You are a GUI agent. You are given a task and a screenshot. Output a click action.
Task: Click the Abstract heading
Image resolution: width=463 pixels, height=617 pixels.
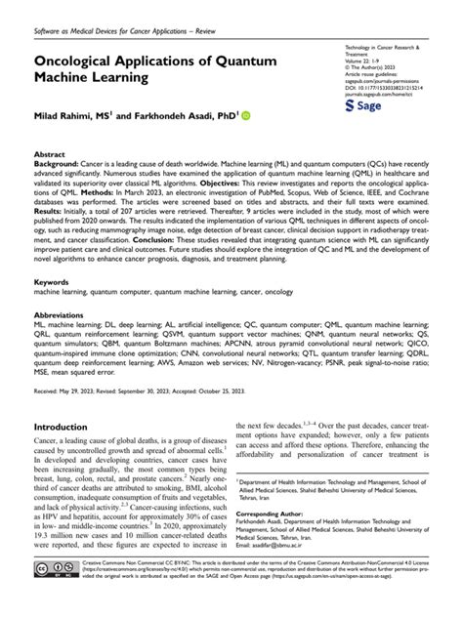click(x=50, y=155)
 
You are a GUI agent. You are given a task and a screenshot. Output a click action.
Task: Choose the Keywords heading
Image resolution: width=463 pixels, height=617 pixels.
click(x=52, y=281)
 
